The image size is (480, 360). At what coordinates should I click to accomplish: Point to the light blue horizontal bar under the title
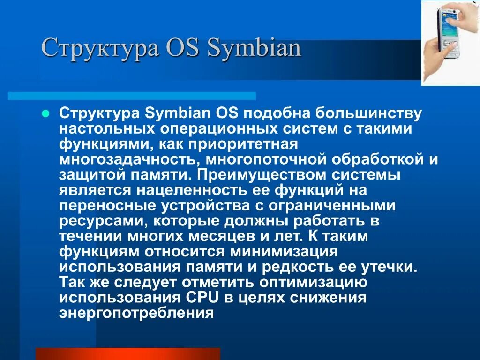132,96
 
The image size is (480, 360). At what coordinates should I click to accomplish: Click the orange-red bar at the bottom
127,353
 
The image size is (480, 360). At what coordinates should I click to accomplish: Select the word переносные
108,205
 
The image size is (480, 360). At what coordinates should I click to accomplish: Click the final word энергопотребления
136,313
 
